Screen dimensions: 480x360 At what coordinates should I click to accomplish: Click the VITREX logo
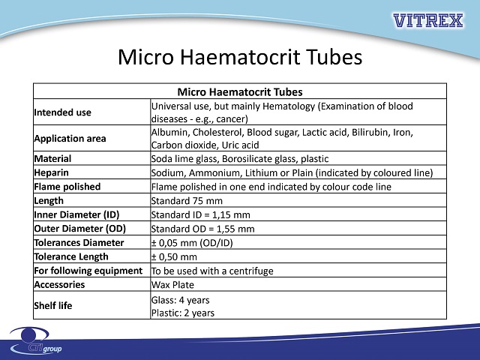pos(428,20)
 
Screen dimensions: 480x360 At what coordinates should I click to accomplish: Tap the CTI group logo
pos(36,340)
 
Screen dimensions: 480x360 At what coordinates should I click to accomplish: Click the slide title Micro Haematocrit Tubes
pos(240,57)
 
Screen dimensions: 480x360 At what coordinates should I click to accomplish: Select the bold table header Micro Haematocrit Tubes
pos(240,91)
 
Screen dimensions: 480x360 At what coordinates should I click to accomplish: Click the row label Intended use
pos(62,112)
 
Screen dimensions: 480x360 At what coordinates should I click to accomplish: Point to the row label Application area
pos(70,138)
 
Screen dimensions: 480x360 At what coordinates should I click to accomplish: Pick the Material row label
pos(52,158)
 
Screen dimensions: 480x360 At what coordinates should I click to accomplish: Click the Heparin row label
pos(52,172)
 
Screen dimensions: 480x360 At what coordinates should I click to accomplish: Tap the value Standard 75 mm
pos(187,201)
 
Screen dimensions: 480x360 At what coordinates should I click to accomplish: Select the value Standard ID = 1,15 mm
pos(200,215)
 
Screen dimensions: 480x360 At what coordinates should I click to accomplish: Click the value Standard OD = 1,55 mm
pos(202,229)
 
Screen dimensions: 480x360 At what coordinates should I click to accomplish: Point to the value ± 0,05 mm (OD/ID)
pos(192,243)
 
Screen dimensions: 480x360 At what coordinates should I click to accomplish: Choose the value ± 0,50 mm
pos(174,256)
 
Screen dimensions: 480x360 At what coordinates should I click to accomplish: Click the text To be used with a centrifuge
pos(212,271)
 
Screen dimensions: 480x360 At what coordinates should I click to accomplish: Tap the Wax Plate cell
pos(172,285)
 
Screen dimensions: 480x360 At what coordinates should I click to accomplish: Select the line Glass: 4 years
pos(180,300)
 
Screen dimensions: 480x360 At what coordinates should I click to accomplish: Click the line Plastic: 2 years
pos(183,313)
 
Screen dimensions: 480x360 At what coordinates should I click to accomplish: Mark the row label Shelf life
pos(53,305)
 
